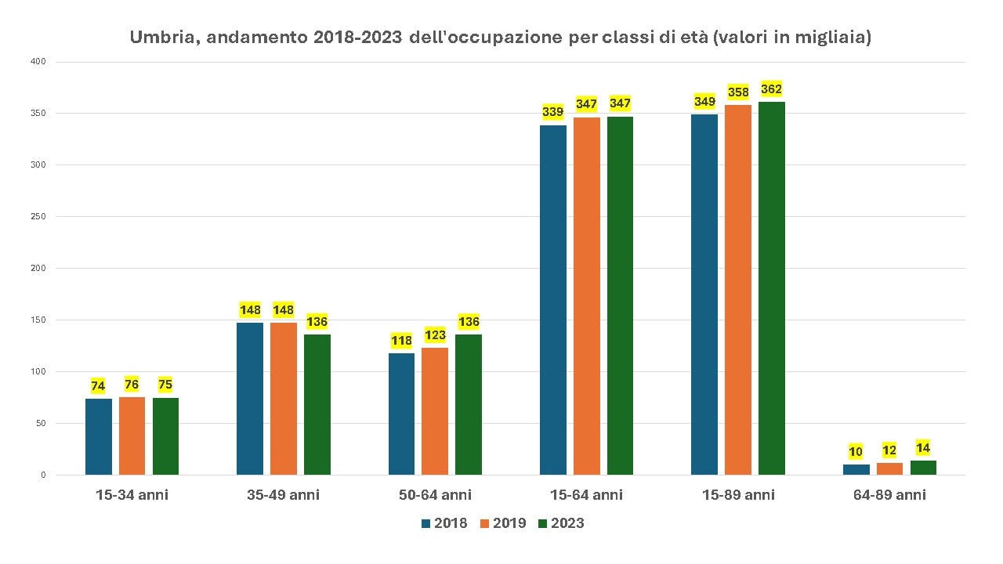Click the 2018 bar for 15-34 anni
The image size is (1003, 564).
coord(99,436)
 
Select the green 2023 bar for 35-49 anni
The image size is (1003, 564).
coord(317,404)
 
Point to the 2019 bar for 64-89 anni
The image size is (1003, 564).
coord(889,468)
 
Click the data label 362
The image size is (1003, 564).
coord(772,89)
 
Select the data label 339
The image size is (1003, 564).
coord(553,112)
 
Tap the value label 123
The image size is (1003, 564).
coord(435,335)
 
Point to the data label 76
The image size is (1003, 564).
coord(132,385)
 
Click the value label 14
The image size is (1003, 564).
coord(923,448)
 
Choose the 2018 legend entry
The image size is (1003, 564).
coord(444,523)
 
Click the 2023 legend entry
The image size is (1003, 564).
coord(561,523)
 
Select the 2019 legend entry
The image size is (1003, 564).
coord(502,523)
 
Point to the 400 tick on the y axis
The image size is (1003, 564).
coord(38,62)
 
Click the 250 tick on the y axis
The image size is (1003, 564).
coord(38,217)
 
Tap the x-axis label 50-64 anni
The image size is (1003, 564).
coord(434,495)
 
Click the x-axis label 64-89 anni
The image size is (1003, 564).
coord(889,495)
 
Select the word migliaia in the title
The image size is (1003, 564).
coord(830,38)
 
